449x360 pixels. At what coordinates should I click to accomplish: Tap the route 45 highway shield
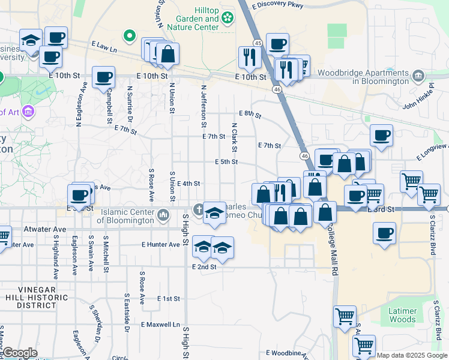258,43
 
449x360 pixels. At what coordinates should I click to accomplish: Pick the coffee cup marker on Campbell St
103,78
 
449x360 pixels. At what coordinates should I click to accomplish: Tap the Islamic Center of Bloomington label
128,215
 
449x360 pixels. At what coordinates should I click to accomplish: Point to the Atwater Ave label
45,229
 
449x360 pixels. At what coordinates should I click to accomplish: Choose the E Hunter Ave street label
160,245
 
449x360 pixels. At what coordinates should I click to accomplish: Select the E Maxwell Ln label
160,325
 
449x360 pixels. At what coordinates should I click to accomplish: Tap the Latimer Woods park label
402,314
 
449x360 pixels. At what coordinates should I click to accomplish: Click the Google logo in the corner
20,353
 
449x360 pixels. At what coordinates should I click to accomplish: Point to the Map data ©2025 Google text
412,356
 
